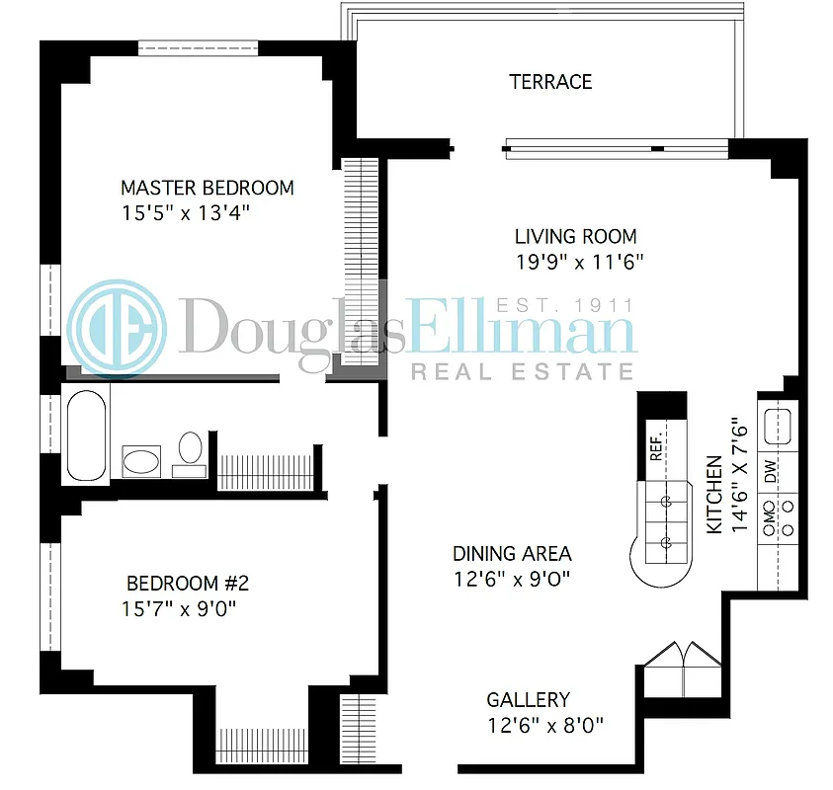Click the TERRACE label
click(x=550, y=82)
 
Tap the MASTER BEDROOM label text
click(x=207, y=188)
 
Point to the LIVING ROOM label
click(x=575, y=237)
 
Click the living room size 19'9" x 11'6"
click(x=579, y=262)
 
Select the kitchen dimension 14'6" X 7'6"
click(x=739, y=475)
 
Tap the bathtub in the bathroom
click(x=86, y=433)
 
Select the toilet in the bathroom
click(x=190, y=450)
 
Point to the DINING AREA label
click(x=512, y=554)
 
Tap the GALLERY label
click(x=528, y=700)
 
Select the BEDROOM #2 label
click(x=187, y=584)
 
